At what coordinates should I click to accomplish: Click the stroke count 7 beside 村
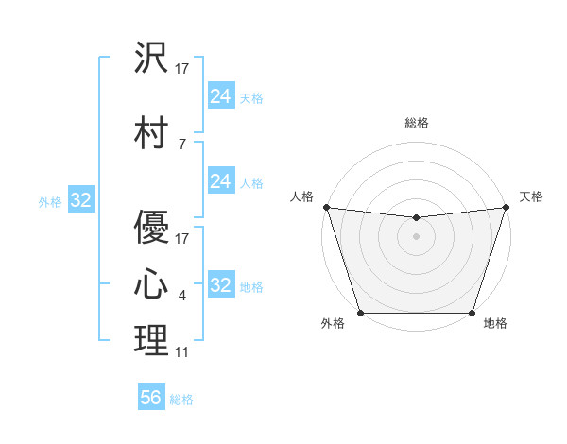pyautogui.click(x=182, y=144)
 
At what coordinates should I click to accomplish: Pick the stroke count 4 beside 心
pyautogui.click(x=182, y=296)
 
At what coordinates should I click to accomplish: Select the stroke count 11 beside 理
pyautogui.click(x=182, y=352)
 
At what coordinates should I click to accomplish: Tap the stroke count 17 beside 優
pyautogui.click(x=182, y=238)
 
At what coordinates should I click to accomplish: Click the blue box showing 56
pyautogui.click(x=151, y=398)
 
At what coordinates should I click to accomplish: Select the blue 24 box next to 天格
pyautogui.click(x=220, y=96)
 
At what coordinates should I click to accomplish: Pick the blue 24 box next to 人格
pyautogui.click(x=220, y=181)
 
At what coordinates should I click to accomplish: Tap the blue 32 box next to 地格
pyautogui.click(x=220, y=285)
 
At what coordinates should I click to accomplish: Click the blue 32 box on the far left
pyautogui.click(x=80, y=200)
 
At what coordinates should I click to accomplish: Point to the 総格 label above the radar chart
pyautogui.click(x=416, y=123)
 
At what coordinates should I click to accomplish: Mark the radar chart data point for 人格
pyautogui.click(x=326, y=207)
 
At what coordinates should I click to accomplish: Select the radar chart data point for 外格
pyautogui.click(x=360, y=313)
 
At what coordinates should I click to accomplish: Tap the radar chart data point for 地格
pyautogui.click(x=472, y=313)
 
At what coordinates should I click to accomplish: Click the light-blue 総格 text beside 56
pyautogui.click(x=181, y=400)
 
